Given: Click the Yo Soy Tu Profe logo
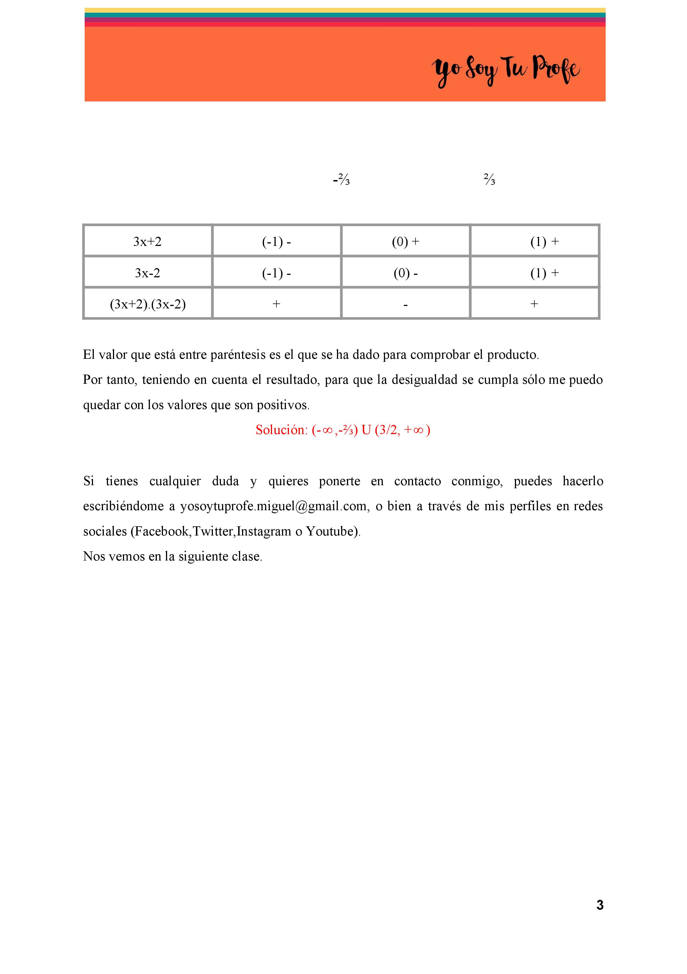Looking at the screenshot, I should (x=505, y=70).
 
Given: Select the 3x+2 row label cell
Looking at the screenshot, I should (x=147, y=241).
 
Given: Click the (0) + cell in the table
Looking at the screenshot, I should (x=406, y=241).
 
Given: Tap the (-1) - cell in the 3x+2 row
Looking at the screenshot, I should (x=276, y=241).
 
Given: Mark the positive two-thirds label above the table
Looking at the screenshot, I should (x=489, y=180).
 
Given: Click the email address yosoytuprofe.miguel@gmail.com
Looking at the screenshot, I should (x=273, y=506).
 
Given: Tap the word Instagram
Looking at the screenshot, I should (x=264, y=531).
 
